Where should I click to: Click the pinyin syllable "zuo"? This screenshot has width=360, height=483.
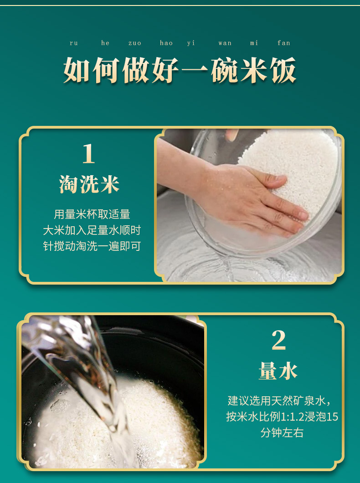click(135, 43)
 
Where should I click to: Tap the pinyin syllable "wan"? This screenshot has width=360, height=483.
click(225, 43)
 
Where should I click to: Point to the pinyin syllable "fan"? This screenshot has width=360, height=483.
click(284, 43)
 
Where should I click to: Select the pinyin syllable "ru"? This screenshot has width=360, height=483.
click(74, 43)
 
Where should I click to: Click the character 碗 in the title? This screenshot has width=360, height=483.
click(224, 70)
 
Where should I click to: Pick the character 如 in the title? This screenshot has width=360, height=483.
click(77, 70)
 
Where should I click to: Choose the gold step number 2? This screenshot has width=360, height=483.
click(278, 340)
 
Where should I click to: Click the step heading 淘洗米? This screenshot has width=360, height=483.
click(89, 185)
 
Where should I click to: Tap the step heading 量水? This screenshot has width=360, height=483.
click(278, 370)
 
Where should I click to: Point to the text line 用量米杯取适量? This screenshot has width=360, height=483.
click(92, 214)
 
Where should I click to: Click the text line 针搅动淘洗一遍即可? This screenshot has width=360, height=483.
click(92, 246)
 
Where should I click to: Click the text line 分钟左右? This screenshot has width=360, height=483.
click(282, 433)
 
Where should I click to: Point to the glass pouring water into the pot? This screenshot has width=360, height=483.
click(80, 369)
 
